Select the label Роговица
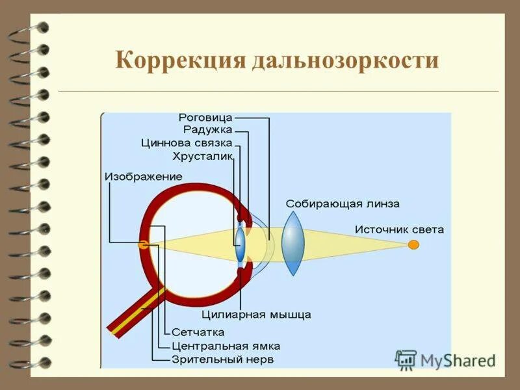pyautogui.click(x=205, y=118)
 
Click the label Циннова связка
pyautogui.click(x=186, y=143)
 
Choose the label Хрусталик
pyautogui.click(x=202, y=156)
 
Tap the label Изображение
pyautogui.click(x=142, y=176)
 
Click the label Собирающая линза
pyautogui.click(x=343, y=203)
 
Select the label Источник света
pyautogui.click(x=400, y=229)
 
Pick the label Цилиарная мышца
pyautogui.click(x=256, y=315)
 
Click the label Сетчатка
pyautogui.click(x=198, y=332)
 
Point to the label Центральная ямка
pyautogui.click(x=226, y=346)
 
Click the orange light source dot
pyautogui.click(x=413, y=244)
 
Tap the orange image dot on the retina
pyautogui.click(x=143, y=244)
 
